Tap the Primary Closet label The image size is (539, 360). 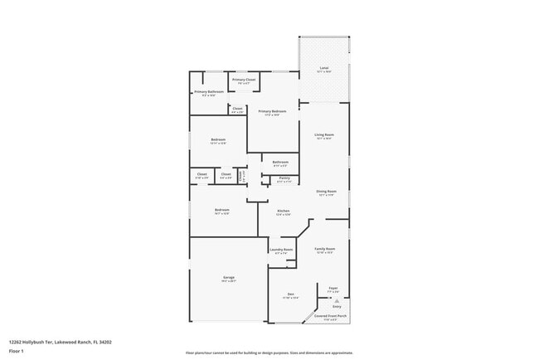(243, 80)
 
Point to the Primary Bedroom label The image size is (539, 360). (272, 111)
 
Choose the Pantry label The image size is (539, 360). (284, 178)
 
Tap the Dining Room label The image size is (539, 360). (326, 192)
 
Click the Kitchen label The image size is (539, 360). (283, 211)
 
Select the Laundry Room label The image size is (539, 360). (281, 250)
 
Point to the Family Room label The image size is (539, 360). (324, 248)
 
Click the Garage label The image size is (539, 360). (228, 277)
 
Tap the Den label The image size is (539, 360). (291, 294)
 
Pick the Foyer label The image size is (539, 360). (333, 289)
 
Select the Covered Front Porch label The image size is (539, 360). (331, 316)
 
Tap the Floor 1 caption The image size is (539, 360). (17, 351)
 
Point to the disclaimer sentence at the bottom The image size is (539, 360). (269, 353)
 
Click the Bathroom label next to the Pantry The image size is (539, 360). (280, 162)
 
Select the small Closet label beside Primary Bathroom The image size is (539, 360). (237, 109)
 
